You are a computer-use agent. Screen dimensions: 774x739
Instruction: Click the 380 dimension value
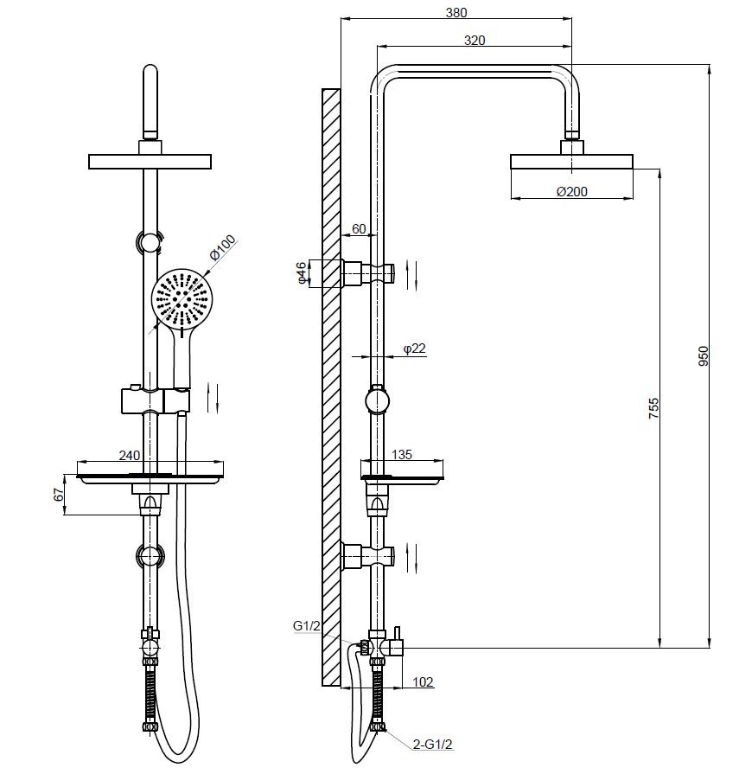(x=456, y=12)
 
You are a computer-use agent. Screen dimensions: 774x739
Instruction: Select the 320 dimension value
(x=475, y=40)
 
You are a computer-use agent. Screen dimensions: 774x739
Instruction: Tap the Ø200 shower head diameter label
(x=571, y=191)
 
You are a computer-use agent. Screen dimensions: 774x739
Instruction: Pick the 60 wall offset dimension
(x=359, y=229)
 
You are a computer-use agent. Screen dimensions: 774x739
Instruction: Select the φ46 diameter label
(x=302, y=273)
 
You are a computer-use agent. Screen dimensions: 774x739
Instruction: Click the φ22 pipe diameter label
(x=414, y=349)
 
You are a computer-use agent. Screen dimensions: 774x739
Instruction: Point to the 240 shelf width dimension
(x=130, y=455)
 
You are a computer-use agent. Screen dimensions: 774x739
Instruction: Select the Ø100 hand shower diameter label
(x=222, y=251)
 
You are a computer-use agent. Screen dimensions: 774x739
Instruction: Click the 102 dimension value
(x=423, y=682)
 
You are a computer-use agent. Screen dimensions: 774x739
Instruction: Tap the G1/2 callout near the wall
(x=306, y=626)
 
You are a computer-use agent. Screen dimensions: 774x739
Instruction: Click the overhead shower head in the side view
(x=571, y=163)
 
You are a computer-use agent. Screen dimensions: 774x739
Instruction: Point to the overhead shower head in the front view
(x=150, y=162)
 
